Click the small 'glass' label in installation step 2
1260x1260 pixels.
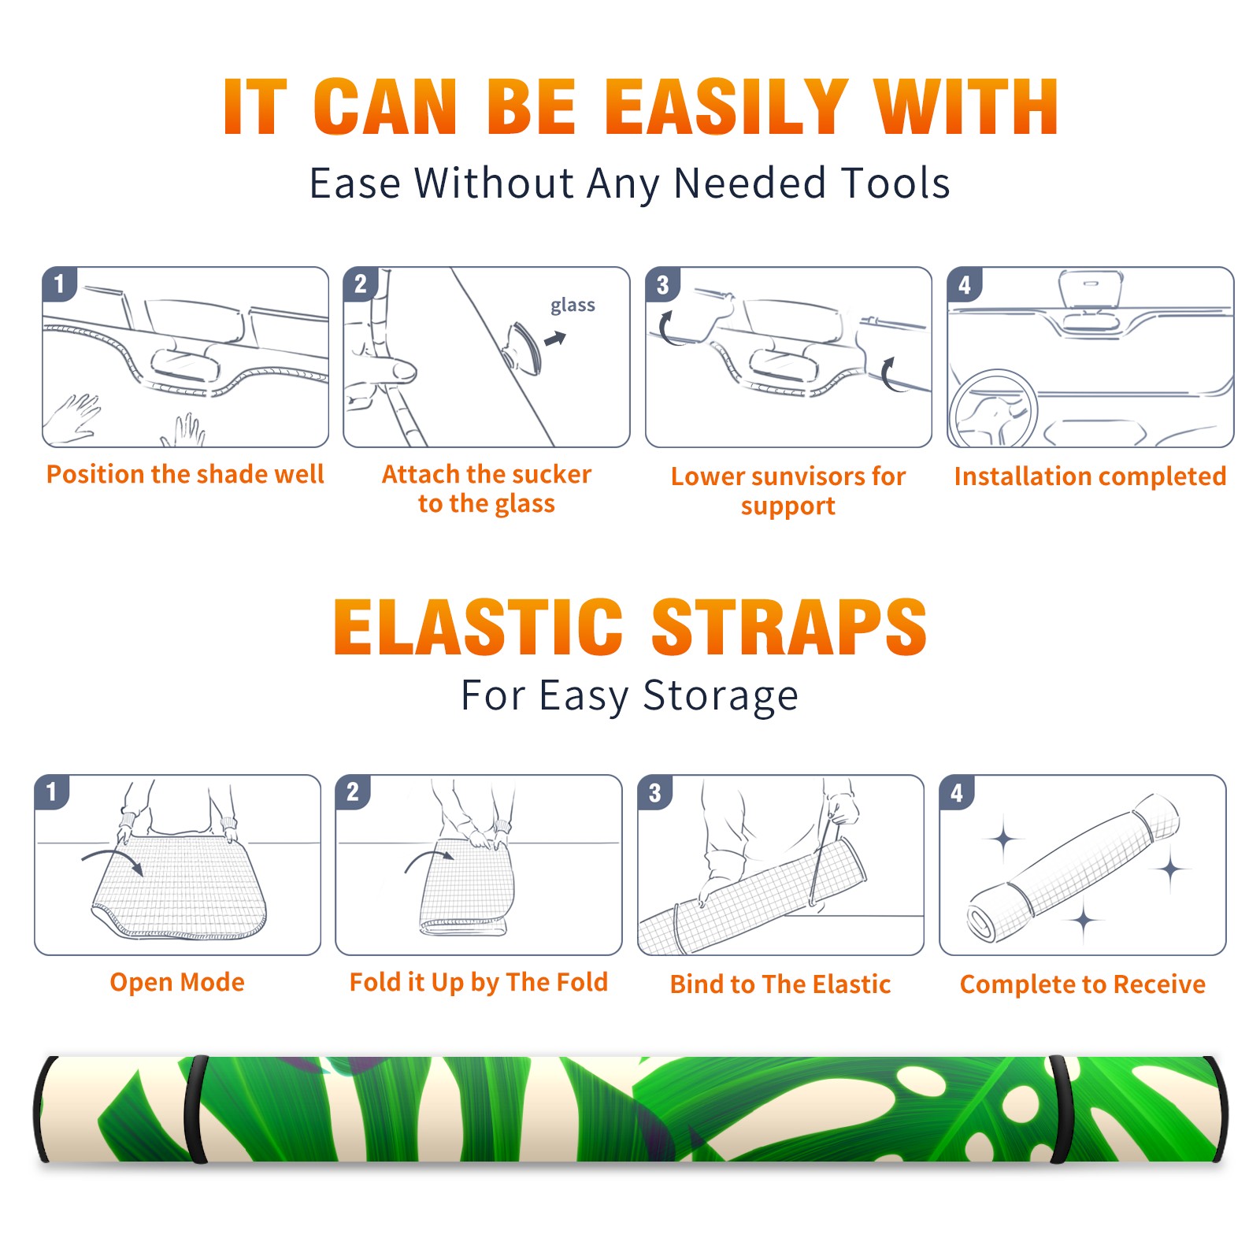pyautogui.click(x=573, y=306)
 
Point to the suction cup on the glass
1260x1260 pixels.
pyautogui.click(x=524, y=347)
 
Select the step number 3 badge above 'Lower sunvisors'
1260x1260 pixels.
pyautogui.click(x=662, y=284)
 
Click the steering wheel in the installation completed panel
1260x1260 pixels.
pyautogui.click(x=993, y=409)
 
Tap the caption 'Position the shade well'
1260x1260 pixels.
pyautogui.click(x=185, y=474)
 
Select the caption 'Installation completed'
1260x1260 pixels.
pyautogui.click(x=1090, y=476)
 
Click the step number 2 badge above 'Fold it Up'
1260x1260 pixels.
pyautogui.click(x=353, y=792)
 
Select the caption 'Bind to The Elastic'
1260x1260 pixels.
pyautogui.click(x=780, y=984)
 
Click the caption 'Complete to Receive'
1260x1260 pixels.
pyautogui.click(x=1083, y=984)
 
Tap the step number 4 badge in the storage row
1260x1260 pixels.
pyautogui.click(x=957, y=792)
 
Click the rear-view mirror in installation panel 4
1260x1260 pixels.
pyautogui.click(x=1090, y=289)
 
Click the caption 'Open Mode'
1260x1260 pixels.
pyautogui.click(x=177, y=982)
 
